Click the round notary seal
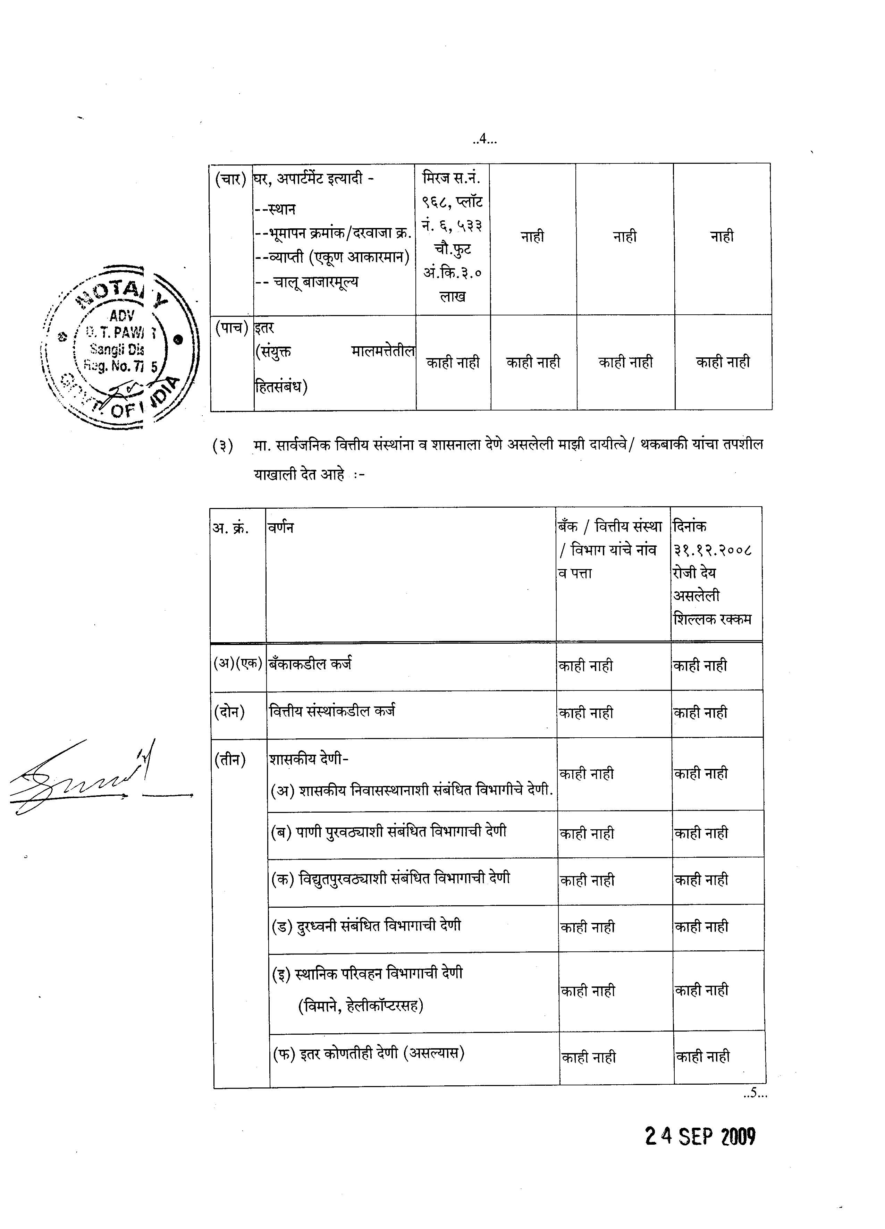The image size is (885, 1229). pos(120,347)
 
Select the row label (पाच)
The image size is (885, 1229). pos(231,328)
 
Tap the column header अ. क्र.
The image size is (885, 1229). pos(230,528)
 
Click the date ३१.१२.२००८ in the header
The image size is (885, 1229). pos(712,550)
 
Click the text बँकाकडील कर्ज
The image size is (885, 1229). pos(310,663)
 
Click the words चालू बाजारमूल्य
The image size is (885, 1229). pos(315,282)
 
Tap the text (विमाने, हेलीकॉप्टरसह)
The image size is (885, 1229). pos(360,1006)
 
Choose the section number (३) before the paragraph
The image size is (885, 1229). pos(223,446)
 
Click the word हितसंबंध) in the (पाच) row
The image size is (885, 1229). pos(281,387)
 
